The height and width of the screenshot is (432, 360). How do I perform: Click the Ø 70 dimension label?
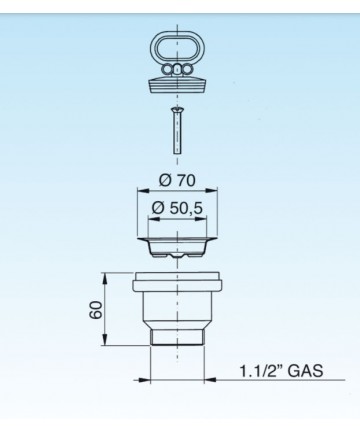(x=177, y=180)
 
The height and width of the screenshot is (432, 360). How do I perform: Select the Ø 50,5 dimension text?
(x=177, y=208)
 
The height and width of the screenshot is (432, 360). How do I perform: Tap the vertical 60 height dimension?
(x=96, y=309)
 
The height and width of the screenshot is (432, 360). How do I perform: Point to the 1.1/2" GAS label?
(x=281, y=370)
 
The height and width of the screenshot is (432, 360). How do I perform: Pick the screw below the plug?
(x=177, y=130)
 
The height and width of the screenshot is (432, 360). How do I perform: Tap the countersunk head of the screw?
(x=177, y=110)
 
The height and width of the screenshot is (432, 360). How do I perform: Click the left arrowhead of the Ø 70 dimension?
(x=143, y=191)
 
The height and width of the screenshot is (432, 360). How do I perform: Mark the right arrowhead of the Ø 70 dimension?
(x=212, y=191)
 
